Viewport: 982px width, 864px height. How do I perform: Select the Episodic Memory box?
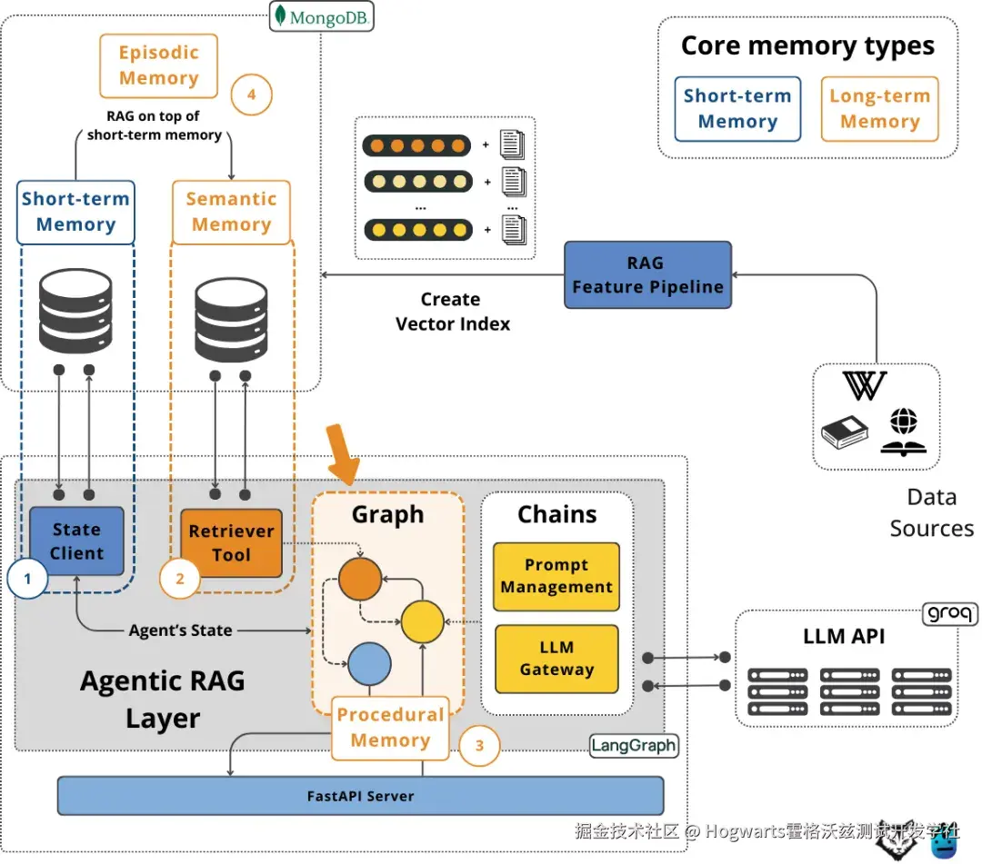[x=158, y=65]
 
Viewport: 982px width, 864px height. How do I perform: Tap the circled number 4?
[x=251, y=94]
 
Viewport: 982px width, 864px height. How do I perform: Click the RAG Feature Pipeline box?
[x=648, y=274]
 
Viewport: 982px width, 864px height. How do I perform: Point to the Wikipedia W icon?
[x=865, y=385]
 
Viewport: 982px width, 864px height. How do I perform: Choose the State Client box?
[x=76, y=541]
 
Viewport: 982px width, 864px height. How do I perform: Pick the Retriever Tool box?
[x=231, y=542]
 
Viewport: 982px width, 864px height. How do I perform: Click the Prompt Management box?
[x=556, y=576]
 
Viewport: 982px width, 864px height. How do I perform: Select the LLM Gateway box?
[x=556, y=659]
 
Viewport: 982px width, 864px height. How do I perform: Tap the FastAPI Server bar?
[x=360, y=796]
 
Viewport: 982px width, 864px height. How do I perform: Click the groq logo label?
[x=950, y=613]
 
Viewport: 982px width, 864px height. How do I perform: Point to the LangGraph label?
[x=634, y=746]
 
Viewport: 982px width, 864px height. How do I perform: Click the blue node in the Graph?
[x=369, y=663]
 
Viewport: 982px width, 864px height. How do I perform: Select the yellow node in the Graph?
[x=422, y=621]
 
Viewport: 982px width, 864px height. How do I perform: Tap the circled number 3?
[x=480, y=747]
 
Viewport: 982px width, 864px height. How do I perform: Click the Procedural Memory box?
[x=390, y=727]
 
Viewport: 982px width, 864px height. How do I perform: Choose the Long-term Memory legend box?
[x=879, y=109]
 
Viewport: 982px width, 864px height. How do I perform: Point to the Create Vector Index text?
[x=452, y=311]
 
